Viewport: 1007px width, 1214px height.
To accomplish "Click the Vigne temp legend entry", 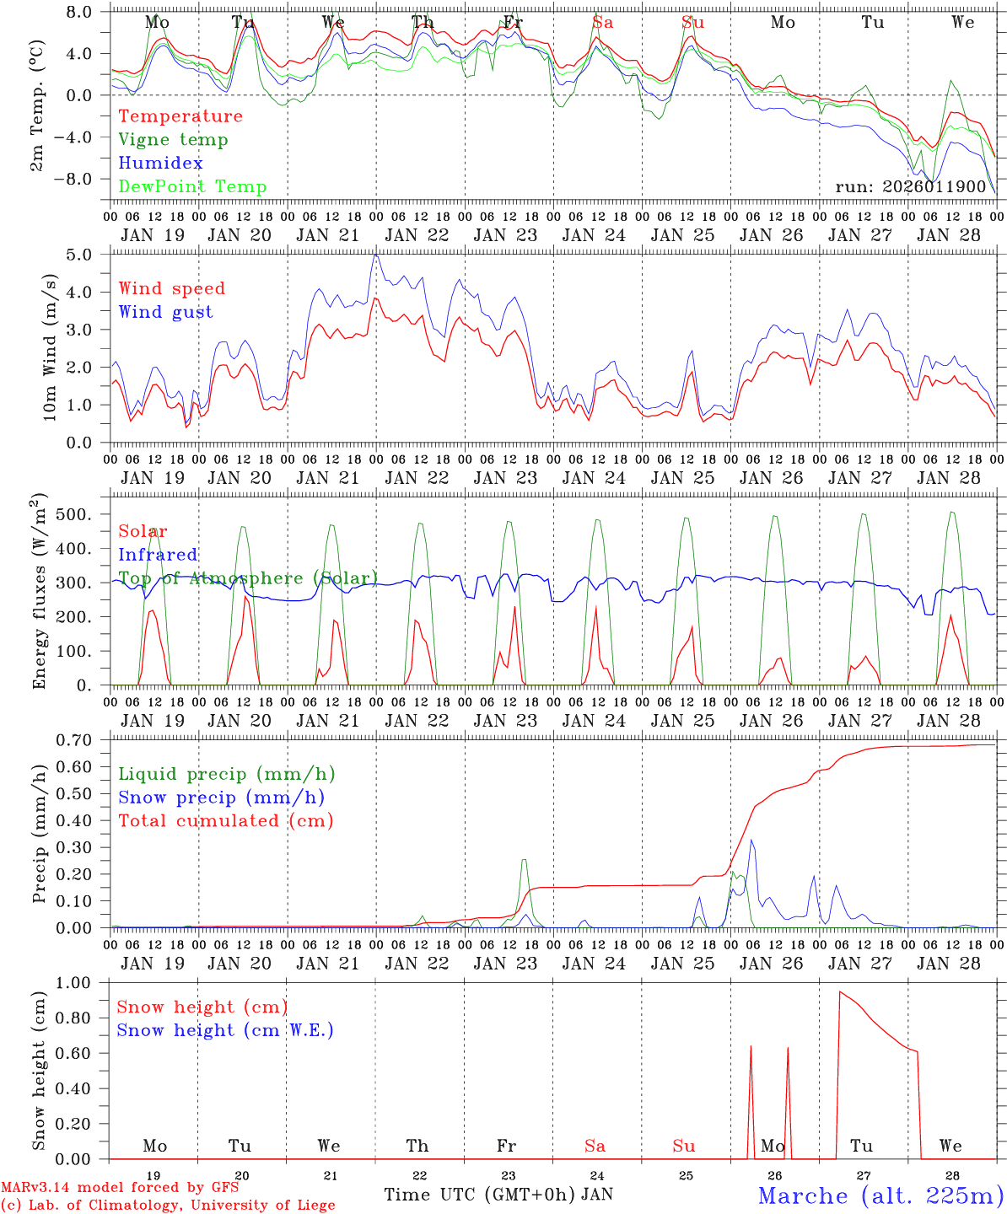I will pyautogui.click(x=173, y=140).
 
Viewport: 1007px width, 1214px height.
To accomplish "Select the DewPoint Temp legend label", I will pyautogui.click(x=192, y=187).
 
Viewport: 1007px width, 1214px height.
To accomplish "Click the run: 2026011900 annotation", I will pyautogui.click(x=911, y=187).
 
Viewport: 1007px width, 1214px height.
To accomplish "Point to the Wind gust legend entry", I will pyautogui.click(x=165, y=312).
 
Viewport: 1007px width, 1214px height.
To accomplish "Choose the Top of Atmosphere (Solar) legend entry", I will pyautogui.click(x=248, y=578).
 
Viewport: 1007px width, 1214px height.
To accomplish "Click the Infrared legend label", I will pyautogui.click(x=158, y=555).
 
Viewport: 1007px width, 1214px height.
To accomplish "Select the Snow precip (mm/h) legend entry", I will pyautogui.click(x=221, y=798).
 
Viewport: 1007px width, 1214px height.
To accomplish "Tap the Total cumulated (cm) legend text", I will pyautogui.click(x=226, y=821).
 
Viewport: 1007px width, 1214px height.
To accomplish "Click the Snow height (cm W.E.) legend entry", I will pyautogui.click(x=225, y=1030).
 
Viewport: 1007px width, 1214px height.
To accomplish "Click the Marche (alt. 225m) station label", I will pyautogui.click(x=880, y=1195).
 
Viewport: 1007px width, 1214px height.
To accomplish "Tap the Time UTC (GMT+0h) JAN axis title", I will pyautogui.click(x=498, y=1195).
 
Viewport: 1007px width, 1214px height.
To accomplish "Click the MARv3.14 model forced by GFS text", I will pyautogui.click(x=120, y=1188).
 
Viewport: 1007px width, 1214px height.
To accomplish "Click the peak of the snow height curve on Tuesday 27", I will pyautogui.click(x=839, y=992).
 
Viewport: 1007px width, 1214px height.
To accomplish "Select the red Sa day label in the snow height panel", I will pyautogui.click(x=595, y=1146).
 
